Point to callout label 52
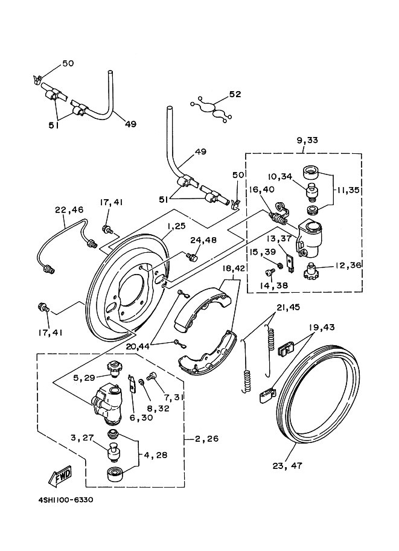pos(235,94)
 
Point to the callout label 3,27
pos(81,439)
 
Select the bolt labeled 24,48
pos(193,258)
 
